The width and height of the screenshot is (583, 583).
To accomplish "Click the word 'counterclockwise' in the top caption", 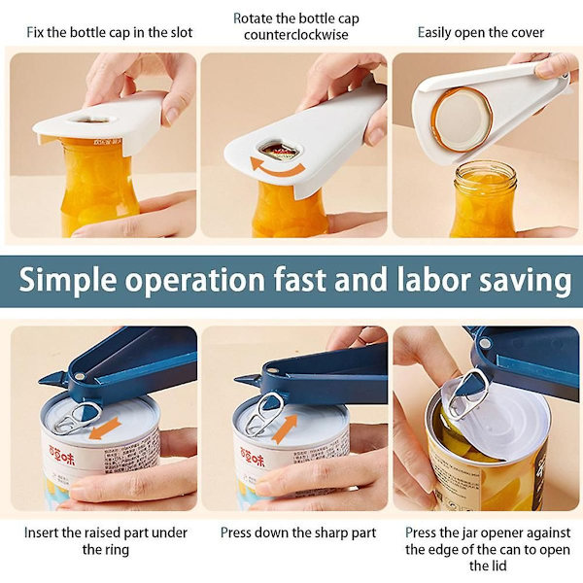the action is point(296,35).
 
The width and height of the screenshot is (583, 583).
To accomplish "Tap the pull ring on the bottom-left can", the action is point(76,419).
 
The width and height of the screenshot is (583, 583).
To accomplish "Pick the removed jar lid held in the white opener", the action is point(462,120).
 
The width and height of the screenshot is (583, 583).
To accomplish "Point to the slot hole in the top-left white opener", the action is point(91,120).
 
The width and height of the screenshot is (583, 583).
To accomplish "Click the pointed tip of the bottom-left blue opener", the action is point(40,382).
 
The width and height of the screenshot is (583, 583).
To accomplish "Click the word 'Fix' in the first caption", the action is point(35,32).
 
